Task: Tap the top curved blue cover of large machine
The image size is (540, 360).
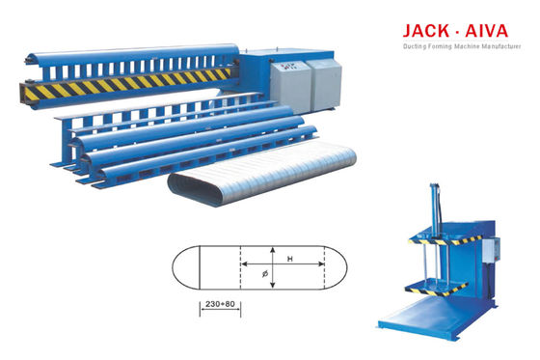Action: click(x=135, y=52)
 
